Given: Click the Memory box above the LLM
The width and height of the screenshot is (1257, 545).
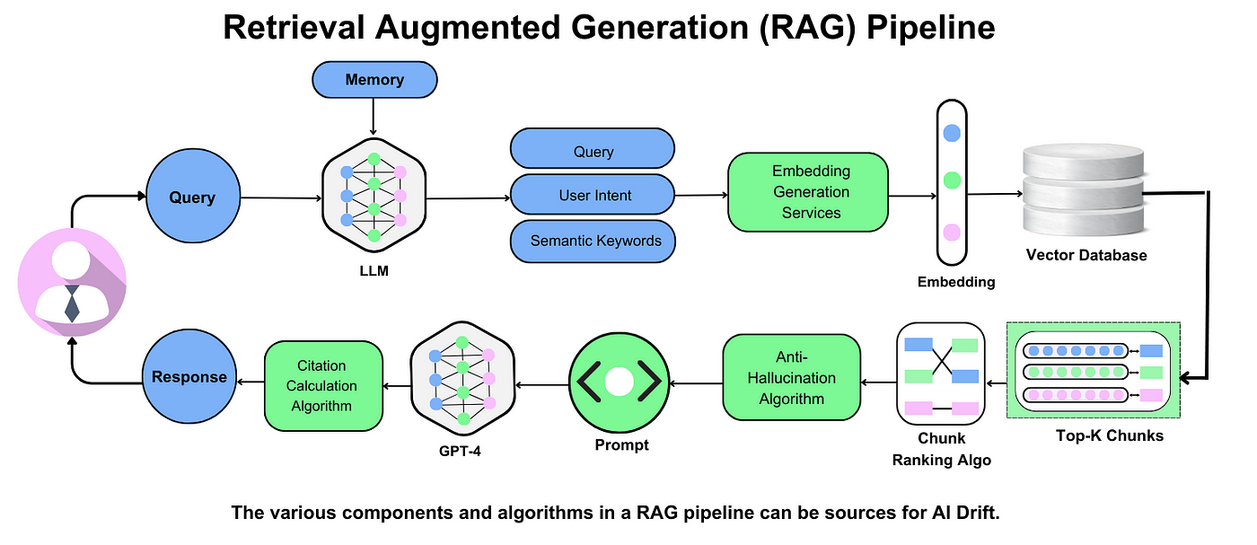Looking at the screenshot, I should tap(374, 79).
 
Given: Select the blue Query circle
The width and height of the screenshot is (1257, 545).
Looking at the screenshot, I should tap(192, 198).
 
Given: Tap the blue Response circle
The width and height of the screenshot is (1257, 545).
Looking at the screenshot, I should tap(189, 377).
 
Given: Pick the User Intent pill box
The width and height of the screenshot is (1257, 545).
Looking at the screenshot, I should tap(593, 195).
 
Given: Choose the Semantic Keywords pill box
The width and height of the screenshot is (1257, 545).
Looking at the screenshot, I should tap(593, 241).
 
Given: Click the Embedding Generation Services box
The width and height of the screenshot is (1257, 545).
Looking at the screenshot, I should tap(808, 191).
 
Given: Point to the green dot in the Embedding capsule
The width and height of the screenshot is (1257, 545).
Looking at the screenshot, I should tap(952, 182).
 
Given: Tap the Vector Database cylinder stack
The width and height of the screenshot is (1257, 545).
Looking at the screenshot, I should tap(1086, 193).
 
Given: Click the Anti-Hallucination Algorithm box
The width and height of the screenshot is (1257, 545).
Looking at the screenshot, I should tap(791, 377).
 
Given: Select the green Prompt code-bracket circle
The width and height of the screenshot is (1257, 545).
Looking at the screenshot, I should tap(620, 382).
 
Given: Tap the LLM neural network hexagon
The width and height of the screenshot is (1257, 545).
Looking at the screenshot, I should tap(374, 197).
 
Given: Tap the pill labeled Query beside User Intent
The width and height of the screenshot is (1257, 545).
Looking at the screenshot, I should tap(593, 151).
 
